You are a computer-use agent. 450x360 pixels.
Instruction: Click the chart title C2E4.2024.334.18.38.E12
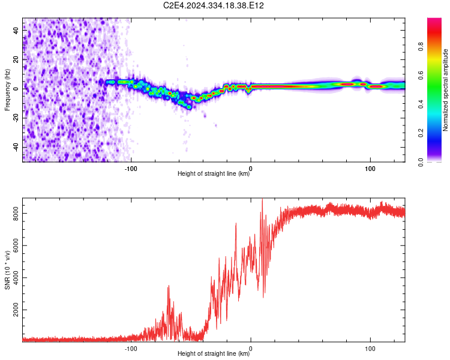pos(213,5)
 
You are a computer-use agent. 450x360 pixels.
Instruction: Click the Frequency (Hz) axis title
pos(7,90)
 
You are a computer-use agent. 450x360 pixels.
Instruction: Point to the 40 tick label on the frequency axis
pos(16,30)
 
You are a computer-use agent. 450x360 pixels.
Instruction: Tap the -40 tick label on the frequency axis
pos(16,147)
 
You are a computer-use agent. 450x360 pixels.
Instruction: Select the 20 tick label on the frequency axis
pos(16,59)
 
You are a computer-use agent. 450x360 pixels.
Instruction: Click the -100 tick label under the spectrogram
pos(131,169)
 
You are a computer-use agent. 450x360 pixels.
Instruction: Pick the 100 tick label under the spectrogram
pos(370,169)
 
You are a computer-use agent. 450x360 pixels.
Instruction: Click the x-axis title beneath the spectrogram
pos(214,173)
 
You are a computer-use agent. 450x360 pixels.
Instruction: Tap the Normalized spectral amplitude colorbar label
pos(445,90)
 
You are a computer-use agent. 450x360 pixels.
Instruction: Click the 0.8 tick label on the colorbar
pos(421,47)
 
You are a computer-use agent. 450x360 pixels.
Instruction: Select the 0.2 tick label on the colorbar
pos(421,133)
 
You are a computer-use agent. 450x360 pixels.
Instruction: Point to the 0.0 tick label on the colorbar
pos(421,162)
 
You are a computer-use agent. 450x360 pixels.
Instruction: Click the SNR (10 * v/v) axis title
pos(7,270)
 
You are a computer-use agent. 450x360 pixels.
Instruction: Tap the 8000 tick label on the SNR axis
pos(16,214)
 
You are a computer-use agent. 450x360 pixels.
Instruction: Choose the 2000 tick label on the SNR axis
pos(16,310)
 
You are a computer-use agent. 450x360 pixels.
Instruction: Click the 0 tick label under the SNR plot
pos(251,349)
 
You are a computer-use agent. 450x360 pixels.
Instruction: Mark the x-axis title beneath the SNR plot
pos(214,353)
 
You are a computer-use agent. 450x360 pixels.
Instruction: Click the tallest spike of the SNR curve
pos(262,199)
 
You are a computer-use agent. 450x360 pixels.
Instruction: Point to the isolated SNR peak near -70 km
pos(169,286)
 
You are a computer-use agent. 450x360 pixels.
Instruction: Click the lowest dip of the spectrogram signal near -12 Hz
pos(189,107)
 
